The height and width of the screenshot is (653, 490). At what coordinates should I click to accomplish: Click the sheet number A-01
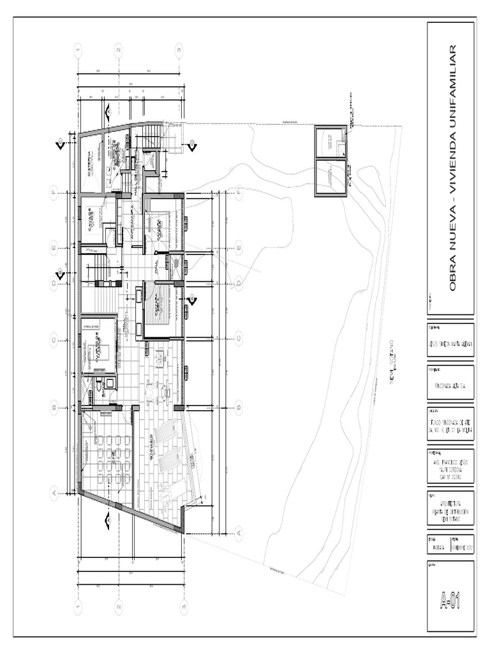(450, 599)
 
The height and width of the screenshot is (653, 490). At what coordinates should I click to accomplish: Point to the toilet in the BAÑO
(100, 386)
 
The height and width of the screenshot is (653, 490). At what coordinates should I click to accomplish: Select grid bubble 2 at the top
(119, 49)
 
